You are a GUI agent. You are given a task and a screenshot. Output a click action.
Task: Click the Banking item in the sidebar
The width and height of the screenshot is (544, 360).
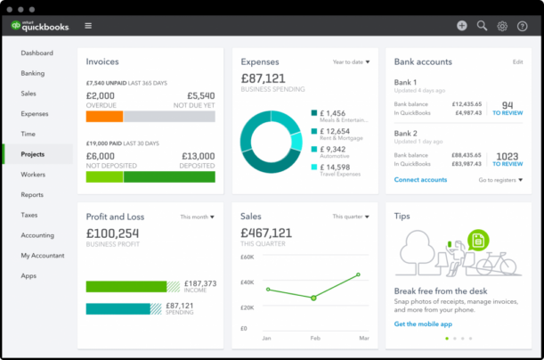(x=32, y=73)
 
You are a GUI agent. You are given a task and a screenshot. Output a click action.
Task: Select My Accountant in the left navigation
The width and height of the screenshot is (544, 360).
(x=42, y=256)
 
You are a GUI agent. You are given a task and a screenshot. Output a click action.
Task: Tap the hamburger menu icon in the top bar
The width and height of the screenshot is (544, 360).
(x=88, y=26)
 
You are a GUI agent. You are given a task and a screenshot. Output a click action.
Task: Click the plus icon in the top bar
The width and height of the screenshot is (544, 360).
(x=461, y=26)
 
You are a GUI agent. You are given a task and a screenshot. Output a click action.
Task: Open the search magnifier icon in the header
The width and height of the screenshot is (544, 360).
(x=482, y=26)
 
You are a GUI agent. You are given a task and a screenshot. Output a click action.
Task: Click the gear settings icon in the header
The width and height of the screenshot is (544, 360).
(x=502, y=26)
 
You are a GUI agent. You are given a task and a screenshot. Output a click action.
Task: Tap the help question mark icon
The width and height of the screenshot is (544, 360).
(x=522, y=26)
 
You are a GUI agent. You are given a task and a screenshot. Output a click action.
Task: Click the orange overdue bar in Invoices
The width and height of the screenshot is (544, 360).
(x=104, y=116)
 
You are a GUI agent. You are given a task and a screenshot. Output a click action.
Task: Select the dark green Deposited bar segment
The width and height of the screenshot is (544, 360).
(x=168, y=176)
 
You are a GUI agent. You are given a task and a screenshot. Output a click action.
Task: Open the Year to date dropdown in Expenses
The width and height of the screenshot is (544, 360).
(x=353, y=62)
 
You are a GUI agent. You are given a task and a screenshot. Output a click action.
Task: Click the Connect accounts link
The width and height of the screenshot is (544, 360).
(x=420, y=180)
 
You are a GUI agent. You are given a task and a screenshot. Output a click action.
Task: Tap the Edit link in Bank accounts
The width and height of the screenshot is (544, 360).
(x=517, y=62)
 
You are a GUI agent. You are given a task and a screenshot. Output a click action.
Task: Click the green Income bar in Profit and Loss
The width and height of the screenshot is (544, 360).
(x=126, y=286)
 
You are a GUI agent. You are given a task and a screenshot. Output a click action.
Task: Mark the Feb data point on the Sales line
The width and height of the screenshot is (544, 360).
(x=313, y=298)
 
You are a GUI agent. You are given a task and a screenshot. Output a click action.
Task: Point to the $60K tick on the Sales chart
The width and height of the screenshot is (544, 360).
(x=248, y=257)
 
